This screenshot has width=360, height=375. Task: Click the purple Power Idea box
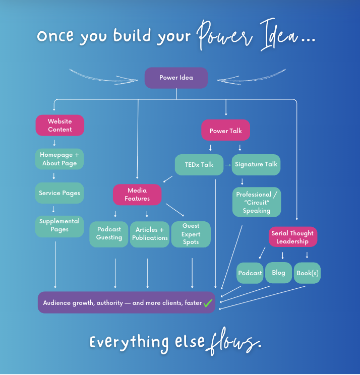pos(176,78)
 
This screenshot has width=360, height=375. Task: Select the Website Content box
pos(59,126)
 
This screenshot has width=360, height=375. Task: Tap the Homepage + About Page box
pos(59,159)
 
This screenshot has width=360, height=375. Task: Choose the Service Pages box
pos(59,193)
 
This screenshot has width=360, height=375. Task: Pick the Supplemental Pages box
pos(59,226)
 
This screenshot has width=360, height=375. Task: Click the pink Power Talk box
pos(225,131)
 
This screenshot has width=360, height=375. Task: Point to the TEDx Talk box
pos(199,164)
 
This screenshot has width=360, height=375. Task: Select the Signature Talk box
pos(256,164)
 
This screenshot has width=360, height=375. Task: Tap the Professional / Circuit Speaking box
pos(256,203)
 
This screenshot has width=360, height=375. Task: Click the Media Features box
pos(137,195)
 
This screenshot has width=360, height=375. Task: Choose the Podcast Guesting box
pos(109,234)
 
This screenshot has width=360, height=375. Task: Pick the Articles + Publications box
pos(150,234)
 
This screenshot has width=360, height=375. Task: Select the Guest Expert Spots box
pos(191,234)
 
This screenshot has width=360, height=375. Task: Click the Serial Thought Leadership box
pos(292,237)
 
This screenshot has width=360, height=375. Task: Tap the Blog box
pos(278,273)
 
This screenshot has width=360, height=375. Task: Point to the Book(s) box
pos(307,273)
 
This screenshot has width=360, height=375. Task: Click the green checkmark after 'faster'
pos(208,303)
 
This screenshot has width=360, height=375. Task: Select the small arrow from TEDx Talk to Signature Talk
pos(227,165)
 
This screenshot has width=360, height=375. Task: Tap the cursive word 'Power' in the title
pos(219,36)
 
